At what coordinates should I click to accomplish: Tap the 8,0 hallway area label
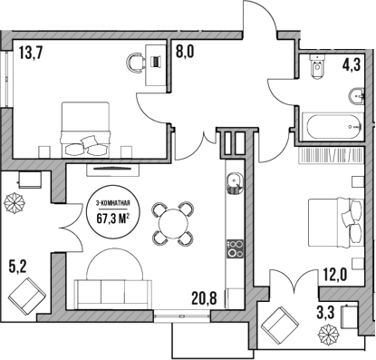coord(184,54)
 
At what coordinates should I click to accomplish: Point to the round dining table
coord(172,222)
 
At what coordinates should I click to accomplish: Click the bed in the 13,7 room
coord(85,128)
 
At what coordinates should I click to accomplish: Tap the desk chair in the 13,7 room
coord(137,63)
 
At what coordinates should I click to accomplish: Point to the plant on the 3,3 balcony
coord(324,337)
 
